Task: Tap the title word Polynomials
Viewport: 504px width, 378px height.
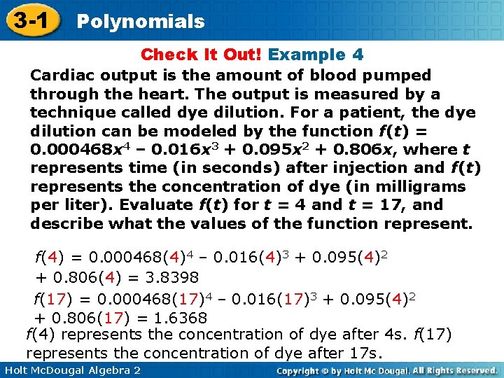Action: click(x=140, y=21)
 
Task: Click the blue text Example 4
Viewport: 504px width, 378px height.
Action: click(x=316, y=55)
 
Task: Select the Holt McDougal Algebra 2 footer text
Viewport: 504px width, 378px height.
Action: click(x=71, y=370)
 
